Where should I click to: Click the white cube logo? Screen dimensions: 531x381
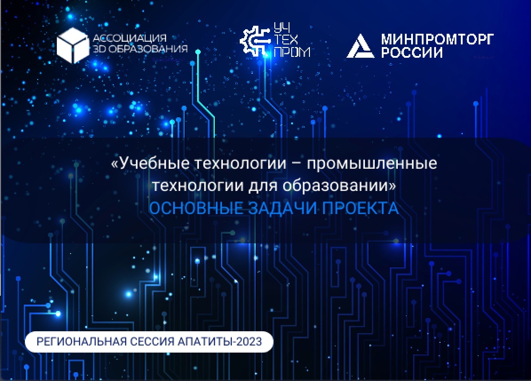[x=72, y=45]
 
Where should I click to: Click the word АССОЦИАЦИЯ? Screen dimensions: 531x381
[x=130, y=38]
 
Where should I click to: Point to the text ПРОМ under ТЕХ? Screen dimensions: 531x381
[x=292, y=52]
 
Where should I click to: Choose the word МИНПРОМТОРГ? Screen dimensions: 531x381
[x=437, y=39]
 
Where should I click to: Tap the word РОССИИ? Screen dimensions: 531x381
[x=412, y=52]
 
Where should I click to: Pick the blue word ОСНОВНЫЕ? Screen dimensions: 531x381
[x=196, y=208]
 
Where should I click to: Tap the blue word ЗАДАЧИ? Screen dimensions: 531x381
[x=282, y=208]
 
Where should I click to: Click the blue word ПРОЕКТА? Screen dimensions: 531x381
[x=360, y=208]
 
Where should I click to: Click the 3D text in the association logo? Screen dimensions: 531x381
[x=99, y=49]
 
